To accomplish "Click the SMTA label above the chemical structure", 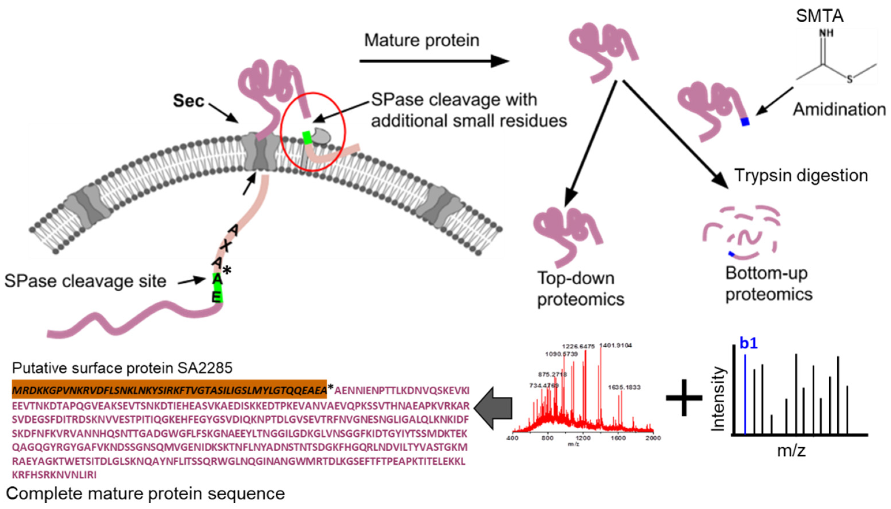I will pyautogui.click(x=820, y=16).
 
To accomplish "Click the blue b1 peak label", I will pyautogui.click(x=749, y=344).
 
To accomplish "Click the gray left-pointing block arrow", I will pyautogui.click(x=493, y=408).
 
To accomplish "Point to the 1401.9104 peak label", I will pyautogui.click(x=615, y=346).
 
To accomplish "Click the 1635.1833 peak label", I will pyautogui.click(x=624, y=387).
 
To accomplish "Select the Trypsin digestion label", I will pyautogui.click(x=801, y=175).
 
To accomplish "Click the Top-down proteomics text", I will pyautogui.click(x=580, y=289).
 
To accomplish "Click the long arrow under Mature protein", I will pyautogui.click(x=433, y=61).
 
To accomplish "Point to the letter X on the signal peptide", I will pyautogui.click(x=226, y=246).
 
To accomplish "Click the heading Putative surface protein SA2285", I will pyautogui.click(x=122, y=368).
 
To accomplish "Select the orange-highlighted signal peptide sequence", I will pyautogui.click(x=169, y=389).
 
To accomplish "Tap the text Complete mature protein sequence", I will pyautogui.click(x=145, y=494).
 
